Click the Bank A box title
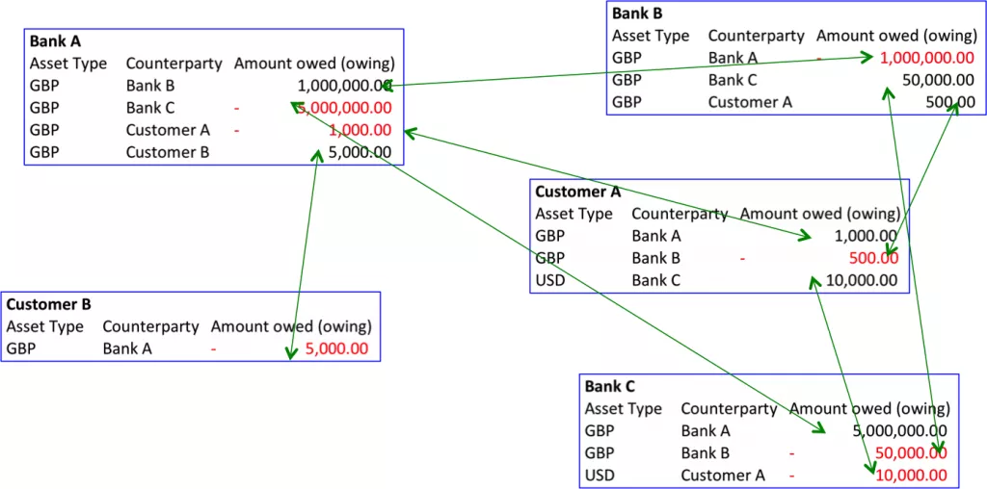point(55,41)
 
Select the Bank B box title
point(637,13)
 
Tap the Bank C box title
point(609,386)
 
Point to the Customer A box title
point(577,192)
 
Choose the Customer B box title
point(48,304)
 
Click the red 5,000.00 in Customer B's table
point(336,348)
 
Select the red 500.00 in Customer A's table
point(873,258)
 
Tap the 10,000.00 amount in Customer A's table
point(862,280)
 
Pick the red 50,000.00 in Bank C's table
point(911,452)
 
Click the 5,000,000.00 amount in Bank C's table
point(900,430)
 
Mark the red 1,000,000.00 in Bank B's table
point(926,58)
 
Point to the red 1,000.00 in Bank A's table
point(359,130)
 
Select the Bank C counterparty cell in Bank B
point(733,80)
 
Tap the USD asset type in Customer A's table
point(550,280)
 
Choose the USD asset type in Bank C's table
point(600,475)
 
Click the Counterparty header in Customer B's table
point(150,326)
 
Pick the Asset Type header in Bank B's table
point(651,36)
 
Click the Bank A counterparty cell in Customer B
point(127,348)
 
